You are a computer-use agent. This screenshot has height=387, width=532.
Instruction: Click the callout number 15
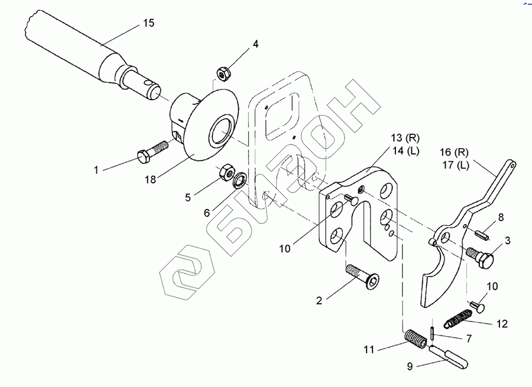[x=148, y=23]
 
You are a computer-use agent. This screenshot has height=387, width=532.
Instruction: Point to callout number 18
[x=150, y=179]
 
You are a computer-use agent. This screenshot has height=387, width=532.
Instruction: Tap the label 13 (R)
[x=404, y=138]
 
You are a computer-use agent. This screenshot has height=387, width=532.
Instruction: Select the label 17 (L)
[x=456, y=165]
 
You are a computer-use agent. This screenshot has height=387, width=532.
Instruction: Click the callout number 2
[x=319, y=301]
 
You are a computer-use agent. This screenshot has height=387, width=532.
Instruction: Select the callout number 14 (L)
[x=404, y=151]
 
